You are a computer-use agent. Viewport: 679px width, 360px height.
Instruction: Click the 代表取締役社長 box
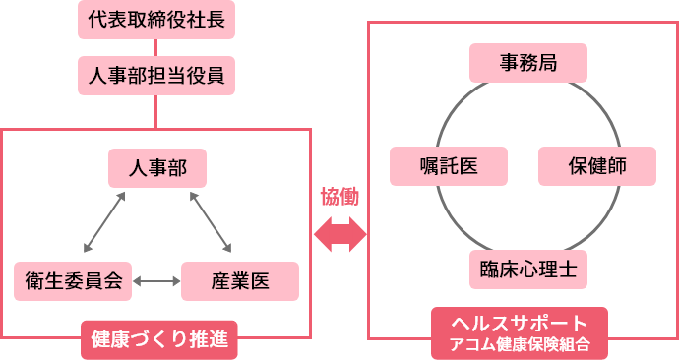pos(156,19)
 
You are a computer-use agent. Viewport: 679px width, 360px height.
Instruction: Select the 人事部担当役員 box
pos(156,74)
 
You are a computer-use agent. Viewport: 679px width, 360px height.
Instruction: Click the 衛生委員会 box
pos(73,280)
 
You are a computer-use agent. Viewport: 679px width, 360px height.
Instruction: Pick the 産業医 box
pos(240,280)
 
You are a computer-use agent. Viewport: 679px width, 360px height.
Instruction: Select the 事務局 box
pos(528,63)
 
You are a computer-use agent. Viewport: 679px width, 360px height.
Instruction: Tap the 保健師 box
pos(596,165)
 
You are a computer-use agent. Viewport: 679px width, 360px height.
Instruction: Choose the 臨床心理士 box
pos(528,268)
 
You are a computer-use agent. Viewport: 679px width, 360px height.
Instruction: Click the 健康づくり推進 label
pos(158,340)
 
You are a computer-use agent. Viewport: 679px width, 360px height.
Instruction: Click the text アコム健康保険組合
pos(519,345)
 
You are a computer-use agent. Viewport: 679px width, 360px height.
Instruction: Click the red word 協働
pos(339,197)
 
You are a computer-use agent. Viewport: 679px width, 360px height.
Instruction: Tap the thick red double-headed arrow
pos(339,234)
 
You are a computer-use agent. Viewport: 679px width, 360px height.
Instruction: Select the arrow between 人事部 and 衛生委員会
pos(105,221)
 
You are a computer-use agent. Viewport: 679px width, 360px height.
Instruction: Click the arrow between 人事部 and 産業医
pos(210,221)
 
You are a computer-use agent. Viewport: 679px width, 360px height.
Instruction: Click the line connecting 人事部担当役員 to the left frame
pos(156,111)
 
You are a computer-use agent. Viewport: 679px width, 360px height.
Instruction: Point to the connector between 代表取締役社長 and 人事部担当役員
pos(156,46)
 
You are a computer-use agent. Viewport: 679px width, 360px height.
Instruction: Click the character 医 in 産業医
pos(260,280)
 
